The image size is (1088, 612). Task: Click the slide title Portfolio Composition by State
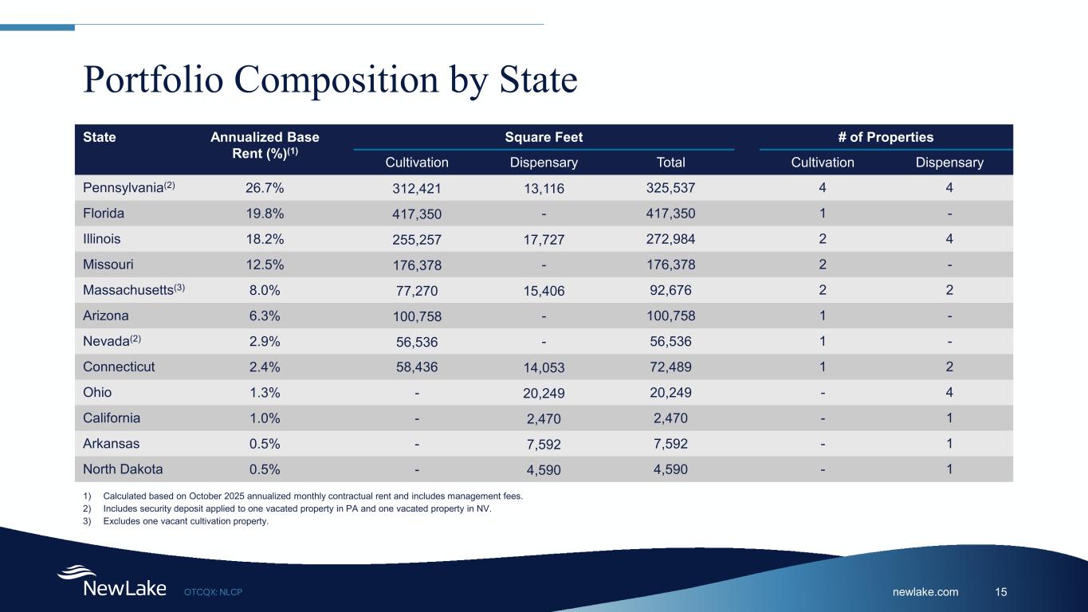point(330,80)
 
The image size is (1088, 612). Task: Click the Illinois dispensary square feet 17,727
point(544,240)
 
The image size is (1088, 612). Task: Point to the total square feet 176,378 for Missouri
point(670,265)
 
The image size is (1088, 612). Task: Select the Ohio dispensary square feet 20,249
point(544,393)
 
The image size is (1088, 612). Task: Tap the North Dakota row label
point(122,469)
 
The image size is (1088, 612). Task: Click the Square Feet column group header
point(544,137)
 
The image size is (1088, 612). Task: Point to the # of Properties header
point(886,137)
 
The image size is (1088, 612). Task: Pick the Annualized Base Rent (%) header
point(264,145)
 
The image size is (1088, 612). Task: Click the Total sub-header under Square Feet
point(670,163)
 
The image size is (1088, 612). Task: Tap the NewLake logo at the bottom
point(112,583)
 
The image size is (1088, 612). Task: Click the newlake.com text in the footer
point(925,592)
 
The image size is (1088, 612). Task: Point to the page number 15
point(1001,592)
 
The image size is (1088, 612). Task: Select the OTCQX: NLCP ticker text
point(213,592)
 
